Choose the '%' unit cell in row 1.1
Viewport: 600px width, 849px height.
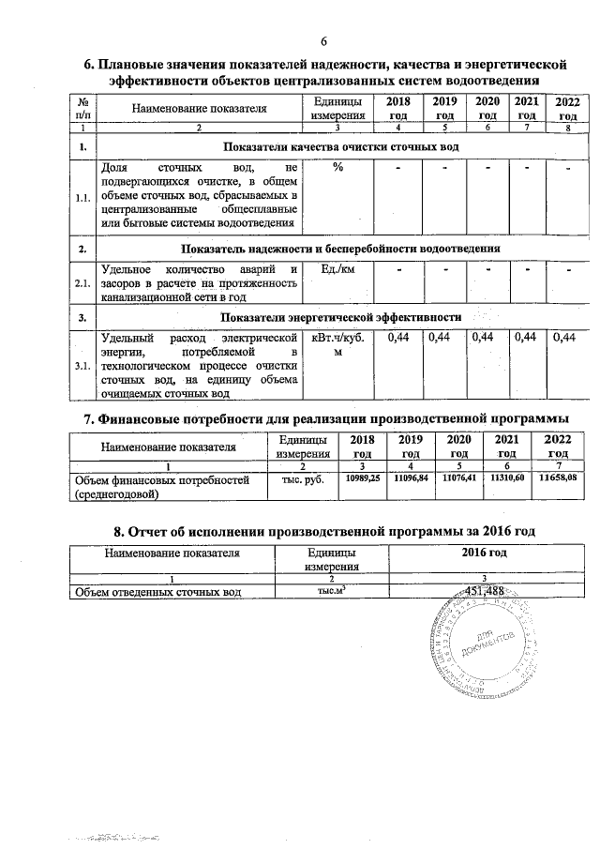tap(337, 168)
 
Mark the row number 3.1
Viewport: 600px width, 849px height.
tap(83, 365)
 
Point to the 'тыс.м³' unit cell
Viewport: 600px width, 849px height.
tap(309, 591)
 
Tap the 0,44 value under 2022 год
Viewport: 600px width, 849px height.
tap(564, 338)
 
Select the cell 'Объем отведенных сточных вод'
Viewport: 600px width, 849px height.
tap(159, 591)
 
